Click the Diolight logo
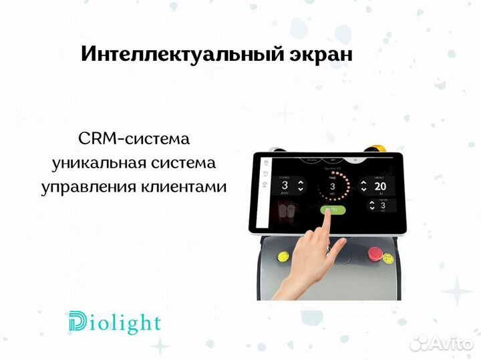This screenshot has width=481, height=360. [114, 323]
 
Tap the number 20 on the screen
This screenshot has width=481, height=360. [379, 186]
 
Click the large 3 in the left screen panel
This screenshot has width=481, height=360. [285, 185]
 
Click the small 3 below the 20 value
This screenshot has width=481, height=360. [381, 206]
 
